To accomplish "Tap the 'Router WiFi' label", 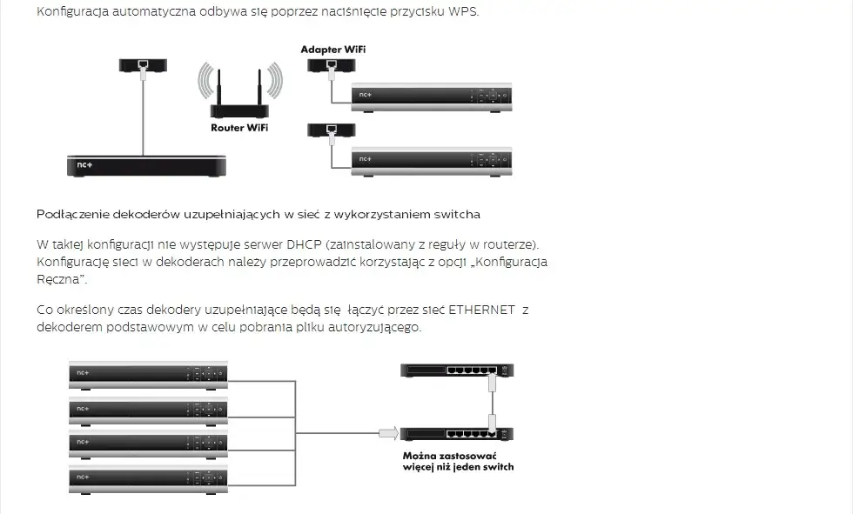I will pyautogui.click(x=239, y=128).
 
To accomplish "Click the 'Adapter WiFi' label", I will pyautogui.click(x=333, y=50).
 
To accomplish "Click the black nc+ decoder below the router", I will pyautogui.click(x=147, y=165).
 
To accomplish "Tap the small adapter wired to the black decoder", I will pyautogui.click(x=144, y=64).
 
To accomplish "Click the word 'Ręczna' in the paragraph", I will pyautogui.click(x=60, y=279).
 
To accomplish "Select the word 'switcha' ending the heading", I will pyautogui.click(x=455, y=214).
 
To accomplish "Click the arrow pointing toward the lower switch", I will pyautogui.click(x=387, y=431).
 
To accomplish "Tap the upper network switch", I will pyautogui.click(x=457, y=370).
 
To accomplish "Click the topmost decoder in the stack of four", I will pyautogui.click(x=148, y=373).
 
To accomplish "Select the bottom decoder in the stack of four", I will pyautogui.click(x=148, y=478).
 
